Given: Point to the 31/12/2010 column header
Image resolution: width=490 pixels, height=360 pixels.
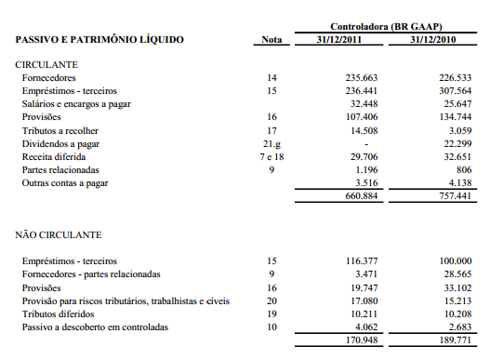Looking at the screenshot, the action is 441,40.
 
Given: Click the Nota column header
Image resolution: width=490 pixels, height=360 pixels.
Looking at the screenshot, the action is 271,40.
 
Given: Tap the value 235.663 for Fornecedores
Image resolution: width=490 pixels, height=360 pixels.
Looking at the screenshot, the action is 363,78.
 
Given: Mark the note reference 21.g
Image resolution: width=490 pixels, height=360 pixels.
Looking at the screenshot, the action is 271,144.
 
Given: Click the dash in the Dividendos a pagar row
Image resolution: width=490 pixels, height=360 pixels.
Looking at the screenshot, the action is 368,144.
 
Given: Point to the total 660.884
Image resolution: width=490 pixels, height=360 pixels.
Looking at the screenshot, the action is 363,197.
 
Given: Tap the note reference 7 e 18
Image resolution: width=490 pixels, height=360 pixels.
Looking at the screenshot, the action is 271,157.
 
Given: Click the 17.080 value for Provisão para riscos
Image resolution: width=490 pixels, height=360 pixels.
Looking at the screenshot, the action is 365,300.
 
